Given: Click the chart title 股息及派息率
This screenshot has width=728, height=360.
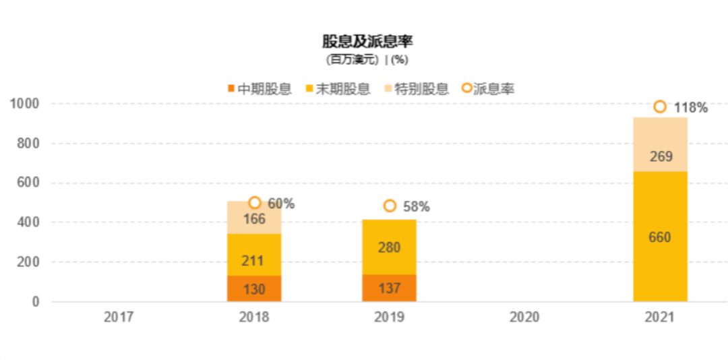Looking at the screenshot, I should [367, 42].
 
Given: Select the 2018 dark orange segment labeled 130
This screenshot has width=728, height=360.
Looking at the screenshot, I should [254, 289].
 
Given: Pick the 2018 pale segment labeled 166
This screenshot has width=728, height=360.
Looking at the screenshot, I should [254, 218].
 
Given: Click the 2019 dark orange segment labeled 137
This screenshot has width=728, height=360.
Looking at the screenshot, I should [389, 289].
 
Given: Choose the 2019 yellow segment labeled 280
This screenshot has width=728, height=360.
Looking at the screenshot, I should [389, 247].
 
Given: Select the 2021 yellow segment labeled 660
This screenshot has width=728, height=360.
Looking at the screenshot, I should [660, 237].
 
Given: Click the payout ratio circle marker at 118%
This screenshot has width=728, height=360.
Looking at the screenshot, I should [660, 107].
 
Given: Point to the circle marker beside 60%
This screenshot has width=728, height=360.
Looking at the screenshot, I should [255, 202].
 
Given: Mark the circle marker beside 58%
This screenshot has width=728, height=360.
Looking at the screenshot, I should [390, 206].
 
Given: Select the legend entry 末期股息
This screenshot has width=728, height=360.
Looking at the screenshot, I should [338, 89].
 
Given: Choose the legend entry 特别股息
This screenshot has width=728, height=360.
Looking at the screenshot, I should [417, 89].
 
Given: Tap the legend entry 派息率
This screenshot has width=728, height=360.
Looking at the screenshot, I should [488, 89].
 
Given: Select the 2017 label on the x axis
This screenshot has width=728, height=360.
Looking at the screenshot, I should [119, 317].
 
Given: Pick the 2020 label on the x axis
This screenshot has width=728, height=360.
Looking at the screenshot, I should [524, 317].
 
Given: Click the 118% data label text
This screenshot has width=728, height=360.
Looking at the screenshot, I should [691, 108].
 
